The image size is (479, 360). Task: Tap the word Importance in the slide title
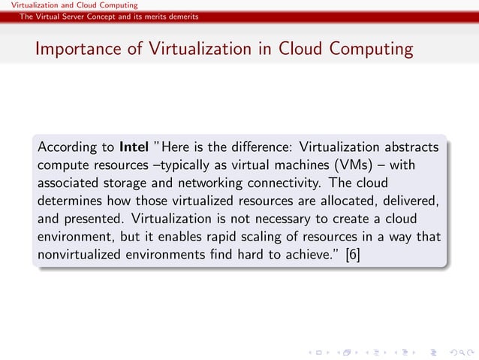(72, 50)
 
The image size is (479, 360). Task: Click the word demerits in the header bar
(182, 17)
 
